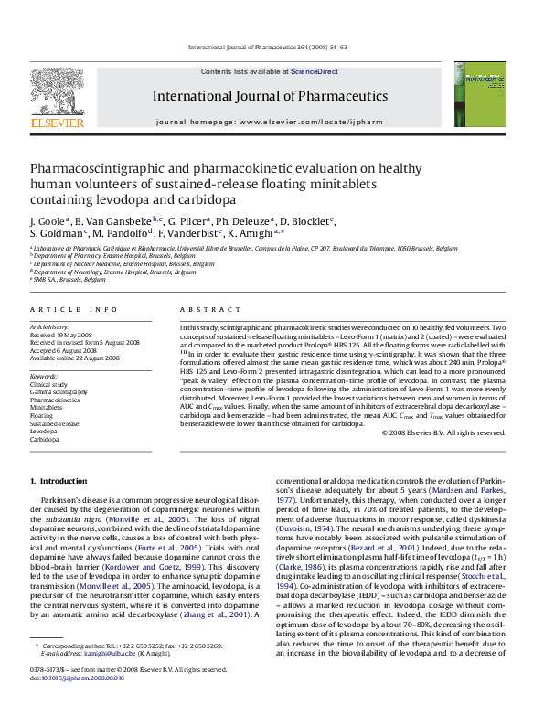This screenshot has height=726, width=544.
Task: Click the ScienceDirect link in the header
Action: click(315, 71)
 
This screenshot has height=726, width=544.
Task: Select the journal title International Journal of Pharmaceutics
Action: click(270, 95)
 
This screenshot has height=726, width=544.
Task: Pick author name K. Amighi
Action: click(262, 234)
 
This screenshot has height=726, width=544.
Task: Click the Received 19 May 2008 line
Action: click(63, 335)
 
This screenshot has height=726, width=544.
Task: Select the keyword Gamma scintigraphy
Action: click(59, 392)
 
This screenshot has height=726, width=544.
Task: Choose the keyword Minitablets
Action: click(48, 408)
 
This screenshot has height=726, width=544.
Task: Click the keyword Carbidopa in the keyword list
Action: click(46, 440)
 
